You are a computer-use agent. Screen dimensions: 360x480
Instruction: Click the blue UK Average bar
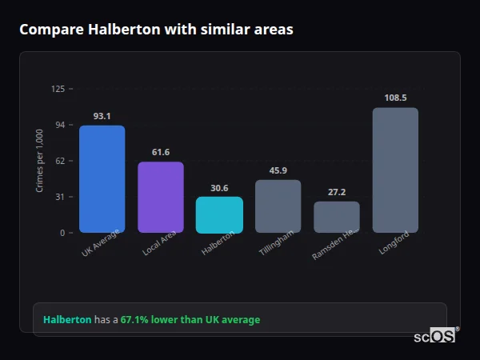102,179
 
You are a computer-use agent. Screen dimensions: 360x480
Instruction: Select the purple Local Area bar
161,198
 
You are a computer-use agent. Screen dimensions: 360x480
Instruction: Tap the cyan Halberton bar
219,215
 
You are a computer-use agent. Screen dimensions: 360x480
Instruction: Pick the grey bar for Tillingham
278,206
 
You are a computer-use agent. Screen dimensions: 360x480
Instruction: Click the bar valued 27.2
337,217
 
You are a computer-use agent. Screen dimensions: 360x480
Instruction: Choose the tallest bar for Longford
395,170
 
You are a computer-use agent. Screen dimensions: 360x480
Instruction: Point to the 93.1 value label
102,116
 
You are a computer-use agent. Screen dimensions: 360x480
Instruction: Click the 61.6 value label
161,152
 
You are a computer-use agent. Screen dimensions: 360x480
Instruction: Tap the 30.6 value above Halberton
219,188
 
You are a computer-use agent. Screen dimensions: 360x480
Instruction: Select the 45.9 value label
278,170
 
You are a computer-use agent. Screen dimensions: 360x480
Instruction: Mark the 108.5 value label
395,98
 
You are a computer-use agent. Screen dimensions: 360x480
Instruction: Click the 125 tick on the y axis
58,89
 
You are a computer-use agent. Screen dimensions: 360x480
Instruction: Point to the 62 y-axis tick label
60,161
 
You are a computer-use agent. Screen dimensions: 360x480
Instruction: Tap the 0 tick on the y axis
62,233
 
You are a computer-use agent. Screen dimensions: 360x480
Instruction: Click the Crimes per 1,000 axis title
39,161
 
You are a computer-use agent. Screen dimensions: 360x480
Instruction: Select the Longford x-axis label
394,245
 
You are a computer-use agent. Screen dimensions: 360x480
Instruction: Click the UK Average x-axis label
100,245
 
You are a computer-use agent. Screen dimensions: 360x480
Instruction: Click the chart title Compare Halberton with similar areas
156,30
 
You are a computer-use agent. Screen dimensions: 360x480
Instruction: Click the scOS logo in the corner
435,336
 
